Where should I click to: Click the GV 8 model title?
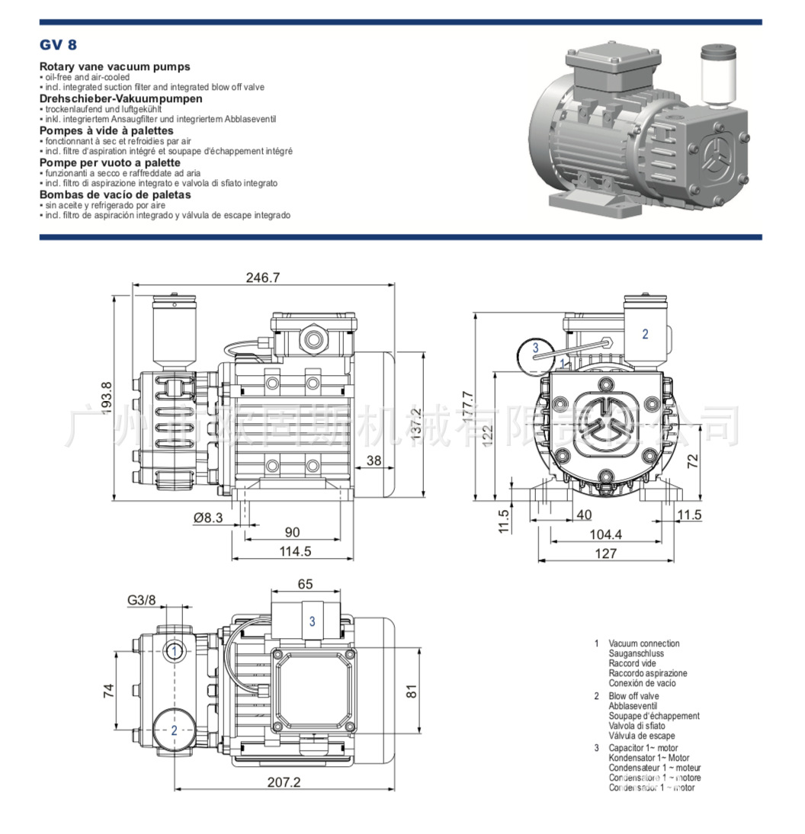pos(58,45)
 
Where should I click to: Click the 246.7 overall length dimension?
pos(262,278)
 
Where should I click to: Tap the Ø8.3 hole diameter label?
pos(208,518)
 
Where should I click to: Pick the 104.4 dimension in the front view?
pos(606,534)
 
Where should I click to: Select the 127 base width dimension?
pos(606,553)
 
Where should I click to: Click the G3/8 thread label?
pos(141,600)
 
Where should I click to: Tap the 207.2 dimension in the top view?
pos(284,782)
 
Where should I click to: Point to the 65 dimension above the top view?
pos(305,585)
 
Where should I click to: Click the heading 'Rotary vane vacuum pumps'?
pos(114,67)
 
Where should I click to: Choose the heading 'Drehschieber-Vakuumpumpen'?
pos(120,98)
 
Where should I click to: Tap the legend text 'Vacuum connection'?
pos(643,643)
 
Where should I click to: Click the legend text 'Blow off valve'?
pos(633,696)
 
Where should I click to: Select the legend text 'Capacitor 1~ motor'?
pos(643,749)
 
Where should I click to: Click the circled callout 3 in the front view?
pos(536,348)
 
